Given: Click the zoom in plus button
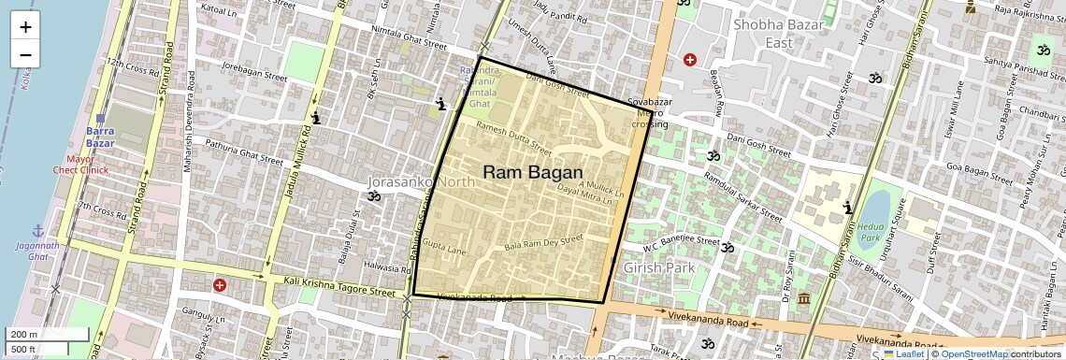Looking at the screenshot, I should [25, 26].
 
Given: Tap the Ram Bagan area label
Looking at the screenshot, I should [532, 173].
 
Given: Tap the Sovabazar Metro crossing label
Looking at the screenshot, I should [650, 111].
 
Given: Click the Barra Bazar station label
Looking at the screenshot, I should [100, 137].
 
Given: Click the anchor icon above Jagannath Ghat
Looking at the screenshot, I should [38, 230].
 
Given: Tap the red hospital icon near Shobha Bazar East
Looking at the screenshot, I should [690, 60].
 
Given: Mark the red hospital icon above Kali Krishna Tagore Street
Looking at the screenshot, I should [219, 284].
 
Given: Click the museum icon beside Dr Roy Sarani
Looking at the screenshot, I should [804, 298].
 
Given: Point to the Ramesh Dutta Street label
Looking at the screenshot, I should [513, 137].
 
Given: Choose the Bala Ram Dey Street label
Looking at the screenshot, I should [543, 242].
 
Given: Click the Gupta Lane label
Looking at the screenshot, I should [443, 248].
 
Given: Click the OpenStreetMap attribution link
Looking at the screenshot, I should [973, 353].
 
